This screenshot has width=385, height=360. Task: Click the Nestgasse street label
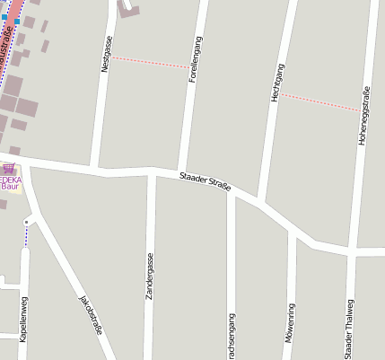tap(106, 54)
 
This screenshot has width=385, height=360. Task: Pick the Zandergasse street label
tap(150, 276)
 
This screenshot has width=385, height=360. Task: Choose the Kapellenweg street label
tap(23, 318)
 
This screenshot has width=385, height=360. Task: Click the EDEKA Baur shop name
tap(10, 183)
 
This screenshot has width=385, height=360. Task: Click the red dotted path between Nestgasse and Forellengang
tap(150, 62)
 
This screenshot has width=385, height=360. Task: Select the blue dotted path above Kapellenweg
tap(26, 235)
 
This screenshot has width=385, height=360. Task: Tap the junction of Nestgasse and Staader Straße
tap(95, 167)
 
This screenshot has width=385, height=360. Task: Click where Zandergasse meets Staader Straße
tap(151, 171)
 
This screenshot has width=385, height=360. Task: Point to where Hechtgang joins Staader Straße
tap(259, 199)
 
